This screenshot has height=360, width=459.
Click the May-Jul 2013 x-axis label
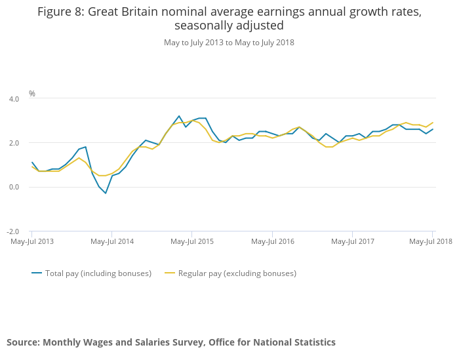(32, 241)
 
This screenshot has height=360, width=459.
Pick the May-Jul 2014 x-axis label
(112, 241)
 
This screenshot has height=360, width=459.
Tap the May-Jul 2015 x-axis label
(192, 241)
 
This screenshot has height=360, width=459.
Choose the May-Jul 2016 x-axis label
(272, 241)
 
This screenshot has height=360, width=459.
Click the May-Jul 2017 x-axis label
(352, 241)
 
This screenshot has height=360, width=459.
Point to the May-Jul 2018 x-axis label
(431, 241)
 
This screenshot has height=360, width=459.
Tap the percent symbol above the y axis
(32, 94)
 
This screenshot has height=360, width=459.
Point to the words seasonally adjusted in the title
(229, 26)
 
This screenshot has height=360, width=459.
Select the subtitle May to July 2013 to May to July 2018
(229, 43)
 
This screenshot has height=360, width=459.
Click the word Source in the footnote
(23, 342)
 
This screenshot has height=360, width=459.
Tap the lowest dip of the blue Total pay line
(105, 193)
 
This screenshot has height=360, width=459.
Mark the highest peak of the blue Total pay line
(178, 116)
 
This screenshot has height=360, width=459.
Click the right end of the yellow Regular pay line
(432, 123)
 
